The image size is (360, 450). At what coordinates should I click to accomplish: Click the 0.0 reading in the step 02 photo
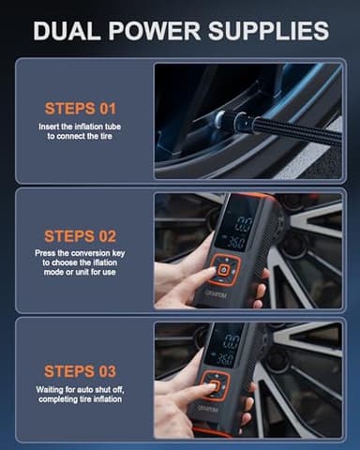point(243,224)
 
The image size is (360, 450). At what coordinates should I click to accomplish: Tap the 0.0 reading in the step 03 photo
point(231,341)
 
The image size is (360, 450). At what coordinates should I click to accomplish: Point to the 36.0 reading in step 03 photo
point(225,358)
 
